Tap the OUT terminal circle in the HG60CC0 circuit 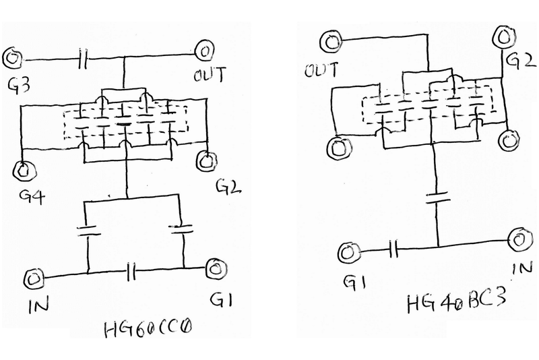coord(204,51)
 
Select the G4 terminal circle coord(25,171)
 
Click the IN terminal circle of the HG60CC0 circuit coord(34,278)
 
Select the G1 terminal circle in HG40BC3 coord(348,253)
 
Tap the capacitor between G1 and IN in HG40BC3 coord(393,251)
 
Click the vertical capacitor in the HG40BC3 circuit coord(439,198)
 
